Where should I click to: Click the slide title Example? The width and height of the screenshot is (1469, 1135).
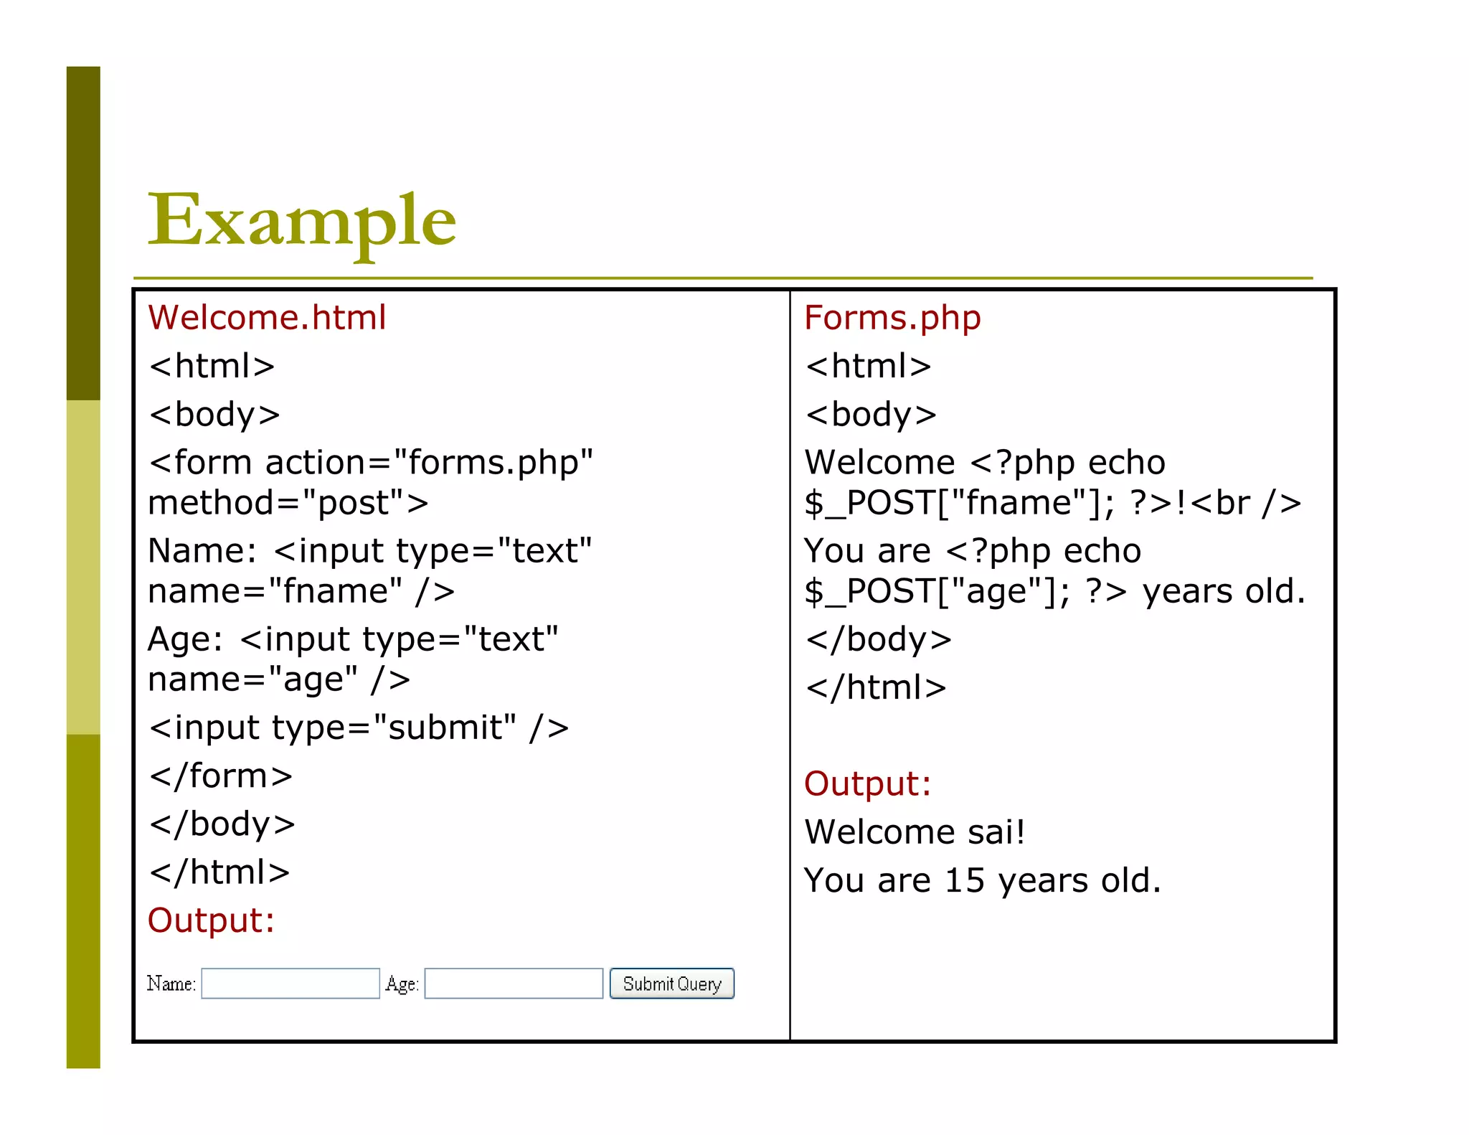tap(301, 220)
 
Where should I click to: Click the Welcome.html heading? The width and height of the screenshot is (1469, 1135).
tap(267, 318)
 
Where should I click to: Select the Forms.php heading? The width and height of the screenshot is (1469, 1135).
tap(892, 318)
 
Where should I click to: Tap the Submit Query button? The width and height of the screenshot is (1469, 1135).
tap(671, 984)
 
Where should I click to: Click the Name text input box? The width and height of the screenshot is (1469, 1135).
tap(291, 984)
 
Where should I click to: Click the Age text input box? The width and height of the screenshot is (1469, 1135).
tap(514, 984)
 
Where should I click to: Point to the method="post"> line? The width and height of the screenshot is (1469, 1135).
tap(288, 503)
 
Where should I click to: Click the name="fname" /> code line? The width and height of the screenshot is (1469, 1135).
tap(301, 591)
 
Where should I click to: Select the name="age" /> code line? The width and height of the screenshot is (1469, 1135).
tap(278, 679)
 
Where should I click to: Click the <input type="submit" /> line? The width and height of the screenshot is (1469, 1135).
tap(359, 727)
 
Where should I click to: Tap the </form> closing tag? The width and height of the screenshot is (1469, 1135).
tap(221, 776)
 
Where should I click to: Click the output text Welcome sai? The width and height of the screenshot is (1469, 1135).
tap(915, 832)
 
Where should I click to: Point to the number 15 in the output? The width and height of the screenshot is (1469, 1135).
tap(964, 880)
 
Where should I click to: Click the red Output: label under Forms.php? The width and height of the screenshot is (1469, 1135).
tap(867, 783)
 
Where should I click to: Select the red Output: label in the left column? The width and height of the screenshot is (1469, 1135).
tap(211, 920)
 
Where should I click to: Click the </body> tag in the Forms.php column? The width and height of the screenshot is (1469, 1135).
tap(879, 639)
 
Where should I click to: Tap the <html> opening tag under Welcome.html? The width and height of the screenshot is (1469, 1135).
tap(212, 366)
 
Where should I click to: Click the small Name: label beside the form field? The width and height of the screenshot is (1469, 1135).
tap(171, 984)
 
